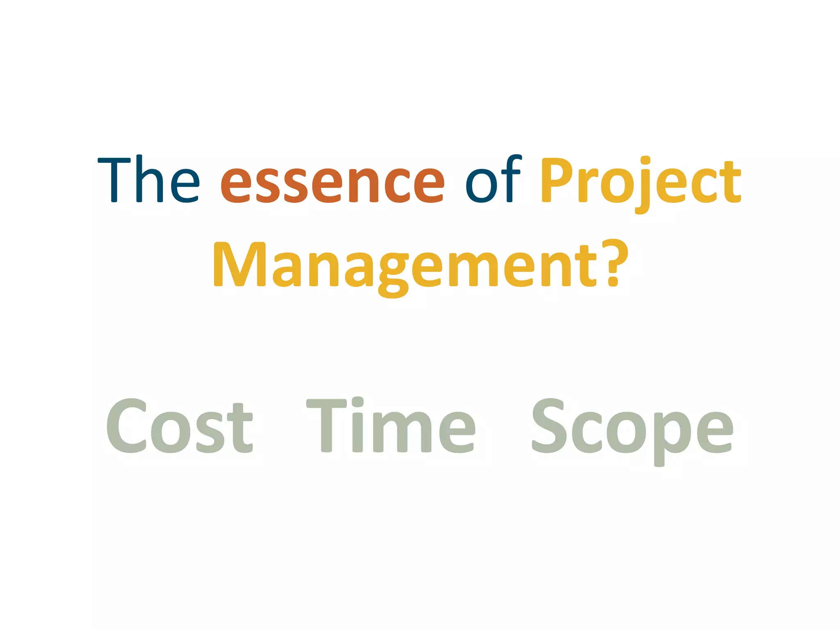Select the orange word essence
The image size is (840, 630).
[x=332, y=182]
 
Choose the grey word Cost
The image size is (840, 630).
[x=179, y=427]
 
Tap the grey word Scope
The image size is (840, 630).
[x=632, y=429]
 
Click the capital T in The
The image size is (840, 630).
[x=114, y=179]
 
